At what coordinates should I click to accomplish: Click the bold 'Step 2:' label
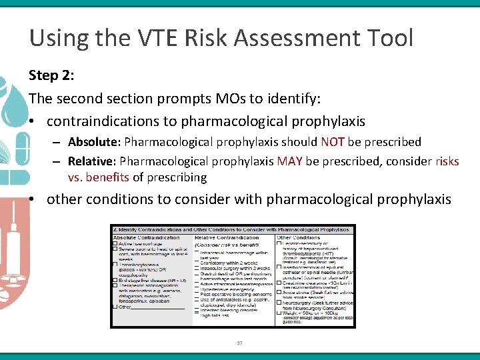click(51, 75)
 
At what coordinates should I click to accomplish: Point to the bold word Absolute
click(93, 142)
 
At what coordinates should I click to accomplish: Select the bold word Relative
click(91, 161)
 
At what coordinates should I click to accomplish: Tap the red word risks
click(447, 161)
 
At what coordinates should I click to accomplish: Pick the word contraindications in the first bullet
click(110, 121)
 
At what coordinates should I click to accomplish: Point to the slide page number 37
click(240, 343)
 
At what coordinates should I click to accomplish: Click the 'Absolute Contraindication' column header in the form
click(146, 237)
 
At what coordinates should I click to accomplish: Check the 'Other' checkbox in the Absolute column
click(115, 307)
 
